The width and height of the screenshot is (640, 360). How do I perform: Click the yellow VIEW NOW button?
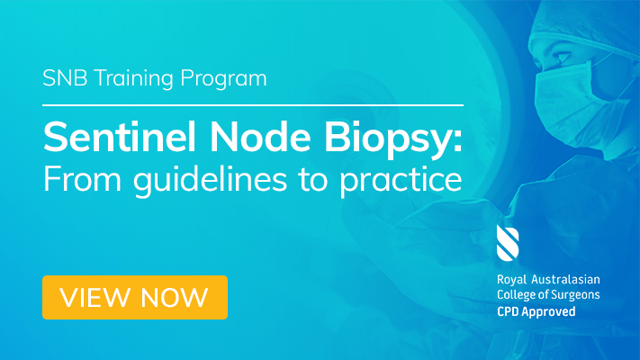click(x=135, y=297)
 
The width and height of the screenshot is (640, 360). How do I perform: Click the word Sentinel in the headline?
click(x=120, y=137)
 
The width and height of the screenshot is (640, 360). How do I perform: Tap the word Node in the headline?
click(x=260, y=137)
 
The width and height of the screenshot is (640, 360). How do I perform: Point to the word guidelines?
click(x=211, y=180)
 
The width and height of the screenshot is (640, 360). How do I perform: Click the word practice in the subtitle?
click(x=401, y=181)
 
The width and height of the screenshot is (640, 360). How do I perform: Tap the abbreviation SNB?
click(x=65, y=78)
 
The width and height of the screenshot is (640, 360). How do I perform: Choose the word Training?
click(x=134, y=79)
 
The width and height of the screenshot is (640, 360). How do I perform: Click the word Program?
click(x=223, y=79)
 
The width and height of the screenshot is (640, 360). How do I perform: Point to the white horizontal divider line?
click(x=253, y=105)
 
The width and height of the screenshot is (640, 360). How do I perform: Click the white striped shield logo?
click(x=508, y=243)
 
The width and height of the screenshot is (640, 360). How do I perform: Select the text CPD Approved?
click(x=536, y=311)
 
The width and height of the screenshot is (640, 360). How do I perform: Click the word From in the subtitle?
click(x=83, y=179)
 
